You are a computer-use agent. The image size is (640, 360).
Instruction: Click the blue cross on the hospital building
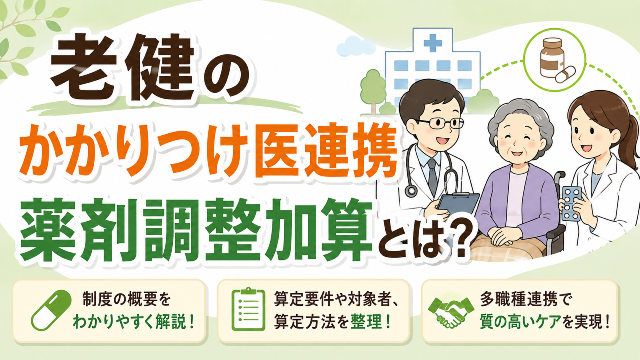point(433,43)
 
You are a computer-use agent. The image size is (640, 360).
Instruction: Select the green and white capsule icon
point(51,310)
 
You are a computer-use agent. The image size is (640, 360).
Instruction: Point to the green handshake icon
point(451,311)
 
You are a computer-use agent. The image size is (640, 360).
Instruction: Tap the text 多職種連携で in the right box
point(522,299)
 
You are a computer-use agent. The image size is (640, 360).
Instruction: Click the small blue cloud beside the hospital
point(355,47)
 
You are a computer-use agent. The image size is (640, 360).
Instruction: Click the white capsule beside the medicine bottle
point(565,74)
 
